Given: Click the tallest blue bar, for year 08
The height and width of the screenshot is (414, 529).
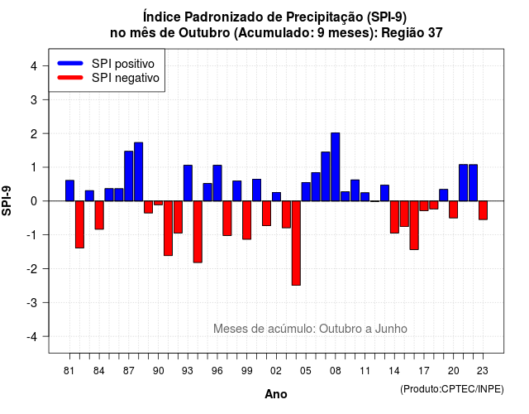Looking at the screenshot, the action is click(336, 167).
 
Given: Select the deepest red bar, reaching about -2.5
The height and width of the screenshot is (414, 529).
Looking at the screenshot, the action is click(296, 243).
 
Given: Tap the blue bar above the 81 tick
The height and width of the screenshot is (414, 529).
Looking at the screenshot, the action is click(69, 190).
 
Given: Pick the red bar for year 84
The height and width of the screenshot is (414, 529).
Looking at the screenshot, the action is click(99, 215).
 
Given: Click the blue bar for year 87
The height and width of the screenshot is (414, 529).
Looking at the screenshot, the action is click(129, 176).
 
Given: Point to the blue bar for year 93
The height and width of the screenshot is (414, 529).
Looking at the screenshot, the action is click(188, 183).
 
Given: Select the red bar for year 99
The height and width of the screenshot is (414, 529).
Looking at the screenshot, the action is click(246, 220).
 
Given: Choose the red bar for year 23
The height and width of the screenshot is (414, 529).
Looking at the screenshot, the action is click(483, 210).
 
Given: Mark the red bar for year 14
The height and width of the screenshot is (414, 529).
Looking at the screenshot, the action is click(394, 217).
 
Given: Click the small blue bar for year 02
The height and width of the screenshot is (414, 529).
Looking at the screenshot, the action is click(276, 197).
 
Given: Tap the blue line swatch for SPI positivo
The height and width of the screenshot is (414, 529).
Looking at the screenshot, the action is click(70, 63).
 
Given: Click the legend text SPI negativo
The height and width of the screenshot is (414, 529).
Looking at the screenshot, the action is click(126, 78).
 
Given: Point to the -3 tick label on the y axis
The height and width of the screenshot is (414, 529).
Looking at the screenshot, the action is click(33, 303).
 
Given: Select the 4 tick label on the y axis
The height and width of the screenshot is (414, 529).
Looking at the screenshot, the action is click(34, 66).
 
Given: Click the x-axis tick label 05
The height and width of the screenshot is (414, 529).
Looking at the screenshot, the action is click(305, 371).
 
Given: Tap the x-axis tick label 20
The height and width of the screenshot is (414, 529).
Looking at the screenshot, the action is click(454, 371).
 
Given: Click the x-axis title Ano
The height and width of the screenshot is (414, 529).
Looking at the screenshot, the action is click(276, 394).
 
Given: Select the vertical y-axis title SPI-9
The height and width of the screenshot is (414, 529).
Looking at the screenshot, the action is click(7, 200).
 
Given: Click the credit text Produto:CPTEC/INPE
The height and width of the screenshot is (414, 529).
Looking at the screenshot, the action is click(452, 389).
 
